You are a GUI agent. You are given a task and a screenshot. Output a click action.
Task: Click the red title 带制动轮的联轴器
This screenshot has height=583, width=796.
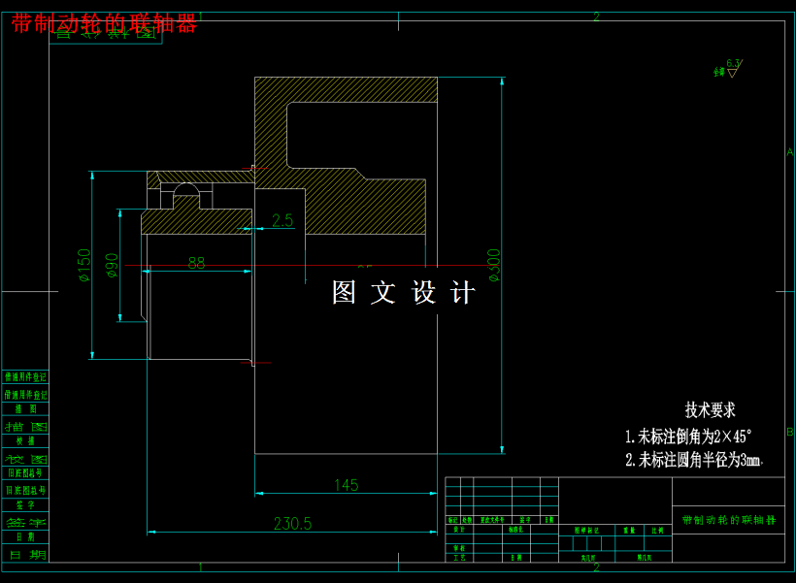(105, 24)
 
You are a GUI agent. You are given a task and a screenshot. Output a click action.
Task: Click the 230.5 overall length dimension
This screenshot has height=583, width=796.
(292, 524)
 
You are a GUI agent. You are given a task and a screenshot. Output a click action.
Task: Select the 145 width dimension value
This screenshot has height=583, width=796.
(346, 485)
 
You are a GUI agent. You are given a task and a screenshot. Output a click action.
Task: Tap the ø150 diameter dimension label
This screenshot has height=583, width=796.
(84, 265)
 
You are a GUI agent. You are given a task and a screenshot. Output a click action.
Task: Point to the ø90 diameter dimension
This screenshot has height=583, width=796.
(112, 265)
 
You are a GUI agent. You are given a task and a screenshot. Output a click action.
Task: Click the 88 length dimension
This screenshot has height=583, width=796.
(196, 263)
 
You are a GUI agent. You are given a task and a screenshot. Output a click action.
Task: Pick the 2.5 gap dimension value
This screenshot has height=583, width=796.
(282, 221)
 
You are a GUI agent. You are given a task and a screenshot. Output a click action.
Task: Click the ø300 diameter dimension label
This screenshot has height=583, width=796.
(494, 265)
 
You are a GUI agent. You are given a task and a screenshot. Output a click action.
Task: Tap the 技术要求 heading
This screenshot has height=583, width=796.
(710, 409)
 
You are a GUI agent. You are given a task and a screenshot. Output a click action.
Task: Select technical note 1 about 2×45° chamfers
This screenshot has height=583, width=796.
(688, 437)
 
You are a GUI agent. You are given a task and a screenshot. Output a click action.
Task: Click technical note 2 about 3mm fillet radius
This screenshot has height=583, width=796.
(693, 460)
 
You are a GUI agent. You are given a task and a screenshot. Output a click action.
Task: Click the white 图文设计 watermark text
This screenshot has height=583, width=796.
(404, 293)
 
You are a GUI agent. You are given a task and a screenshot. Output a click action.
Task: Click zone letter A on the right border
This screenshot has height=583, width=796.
(789, 152)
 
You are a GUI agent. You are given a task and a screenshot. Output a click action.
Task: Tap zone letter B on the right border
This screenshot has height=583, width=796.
(789, 432)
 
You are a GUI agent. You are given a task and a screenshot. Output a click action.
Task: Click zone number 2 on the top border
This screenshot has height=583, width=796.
(596, 16)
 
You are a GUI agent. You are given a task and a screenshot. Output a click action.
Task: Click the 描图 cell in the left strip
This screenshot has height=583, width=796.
(26, 426)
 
